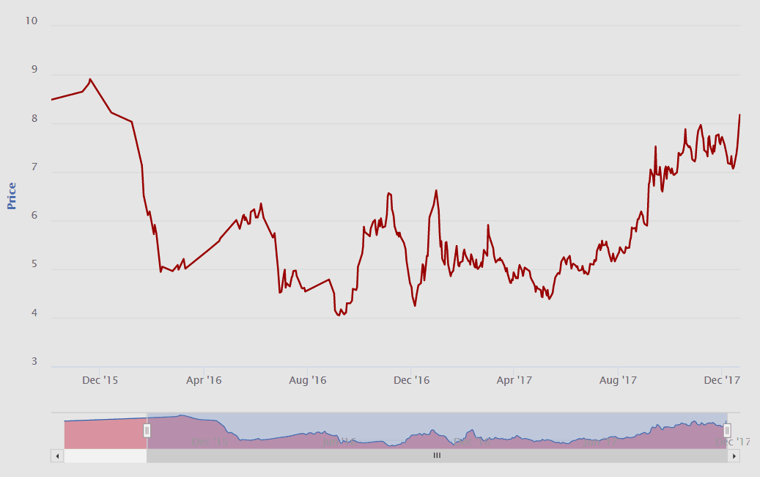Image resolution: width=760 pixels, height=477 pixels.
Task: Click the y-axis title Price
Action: (x=12, y=196)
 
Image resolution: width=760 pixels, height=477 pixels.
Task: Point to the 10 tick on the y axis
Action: (x=31, y=21)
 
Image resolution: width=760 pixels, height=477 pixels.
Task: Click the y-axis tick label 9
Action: (x=33, y=70)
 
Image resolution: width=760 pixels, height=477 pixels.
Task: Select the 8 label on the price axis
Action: (x=33, y=118)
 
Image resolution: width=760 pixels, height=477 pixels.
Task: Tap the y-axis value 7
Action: (x=33, y=167)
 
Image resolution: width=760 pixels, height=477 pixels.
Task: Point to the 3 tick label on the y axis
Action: (x=33, y=362)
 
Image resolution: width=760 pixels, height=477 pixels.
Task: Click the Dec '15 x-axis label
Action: (x=100, y=380)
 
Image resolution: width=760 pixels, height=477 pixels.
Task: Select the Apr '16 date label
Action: (x=204, y=380)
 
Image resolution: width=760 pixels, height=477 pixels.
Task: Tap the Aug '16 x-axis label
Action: (x=308, y=380)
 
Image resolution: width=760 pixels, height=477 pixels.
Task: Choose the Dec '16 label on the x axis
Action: (x=411, y=380)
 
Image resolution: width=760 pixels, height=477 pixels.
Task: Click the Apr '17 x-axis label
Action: (x=514, y=380)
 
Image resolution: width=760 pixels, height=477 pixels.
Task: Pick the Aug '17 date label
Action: (x=619, y=380)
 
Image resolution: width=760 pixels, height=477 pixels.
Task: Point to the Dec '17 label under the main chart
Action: (x=722, y=380)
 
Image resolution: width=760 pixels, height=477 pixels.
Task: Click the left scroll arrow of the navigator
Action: (x=57, y=456)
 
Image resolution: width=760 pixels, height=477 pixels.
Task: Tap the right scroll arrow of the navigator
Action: (x=733, y=456)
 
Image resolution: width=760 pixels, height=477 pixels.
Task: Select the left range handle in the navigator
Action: (x=147, y=431)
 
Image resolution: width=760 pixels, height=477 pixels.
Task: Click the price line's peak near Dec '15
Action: (x=90, y=79)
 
